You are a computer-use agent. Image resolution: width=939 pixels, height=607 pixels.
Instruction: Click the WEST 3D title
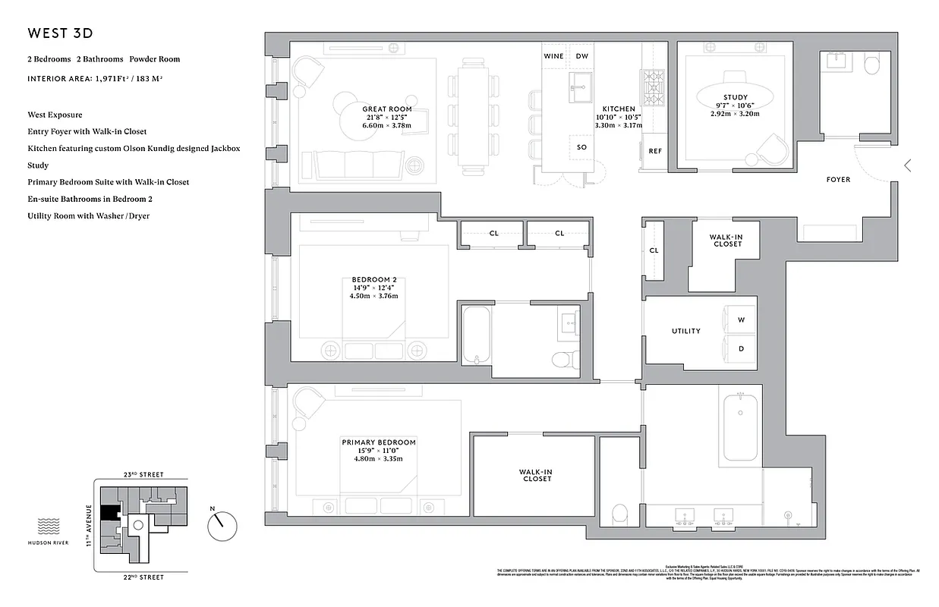61,33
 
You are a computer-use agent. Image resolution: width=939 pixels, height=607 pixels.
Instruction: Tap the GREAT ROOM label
387,109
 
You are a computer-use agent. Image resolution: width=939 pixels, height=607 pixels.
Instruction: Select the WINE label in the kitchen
553,56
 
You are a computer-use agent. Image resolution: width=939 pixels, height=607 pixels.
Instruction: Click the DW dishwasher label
581,56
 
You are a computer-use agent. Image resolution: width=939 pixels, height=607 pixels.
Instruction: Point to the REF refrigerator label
654,151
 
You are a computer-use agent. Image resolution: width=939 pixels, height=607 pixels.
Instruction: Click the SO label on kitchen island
581,147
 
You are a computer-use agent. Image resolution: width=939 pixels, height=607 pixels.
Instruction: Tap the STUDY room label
735,97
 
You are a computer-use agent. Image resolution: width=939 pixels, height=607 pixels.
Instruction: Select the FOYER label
838,180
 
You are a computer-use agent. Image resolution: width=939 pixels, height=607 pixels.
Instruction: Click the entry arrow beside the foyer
907,165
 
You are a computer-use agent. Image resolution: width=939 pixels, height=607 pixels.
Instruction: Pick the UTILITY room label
685,332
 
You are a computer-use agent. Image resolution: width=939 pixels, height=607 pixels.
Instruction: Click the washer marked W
741,319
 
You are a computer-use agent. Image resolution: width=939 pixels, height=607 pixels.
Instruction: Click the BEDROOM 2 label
373,279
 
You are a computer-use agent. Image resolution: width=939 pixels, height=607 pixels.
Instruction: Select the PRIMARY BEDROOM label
378,442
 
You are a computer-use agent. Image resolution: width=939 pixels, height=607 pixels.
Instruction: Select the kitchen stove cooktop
653,87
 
